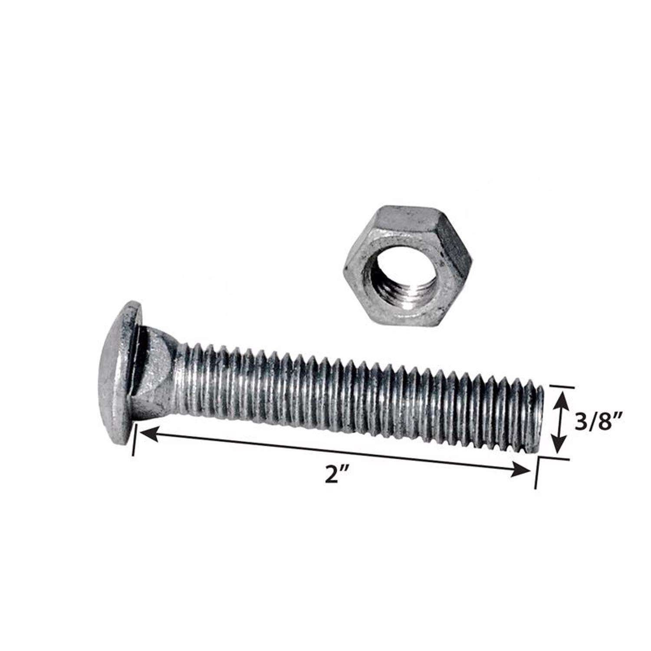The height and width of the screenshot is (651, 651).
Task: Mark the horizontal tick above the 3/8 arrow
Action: click(x=562, y=386)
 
